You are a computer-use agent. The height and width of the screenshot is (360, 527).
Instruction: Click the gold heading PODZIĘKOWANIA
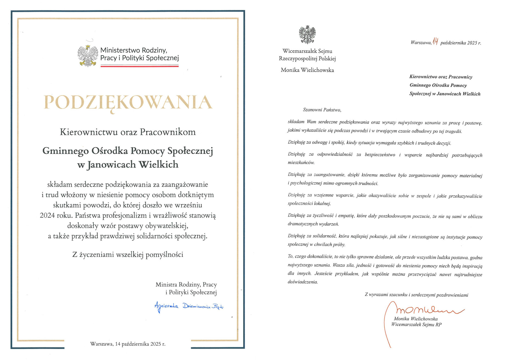tap(128, 103)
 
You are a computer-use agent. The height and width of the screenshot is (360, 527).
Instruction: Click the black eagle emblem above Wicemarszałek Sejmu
tap(307, 35)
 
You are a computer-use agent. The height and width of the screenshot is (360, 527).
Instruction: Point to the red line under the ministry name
tap(139, 66)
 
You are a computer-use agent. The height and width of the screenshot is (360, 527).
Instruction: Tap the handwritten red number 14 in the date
tap(435, 41)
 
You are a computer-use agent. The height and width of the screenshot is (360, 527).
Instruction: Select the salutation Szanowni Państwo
tap(322, 110)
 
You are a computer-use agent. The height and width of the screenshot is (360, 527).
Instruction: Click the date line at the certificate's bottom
tap(128, 344)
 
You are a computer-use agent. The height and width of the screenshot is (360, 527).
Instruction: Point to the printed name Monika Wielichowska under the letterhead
tap(307, 70)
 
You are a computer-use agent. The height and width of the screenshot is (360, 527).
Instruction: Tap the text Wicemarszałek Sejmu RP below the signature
tap(416, 325)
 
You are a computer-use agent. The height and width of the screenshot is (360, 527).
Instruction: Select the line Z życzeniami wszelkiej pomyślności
tap(128, 255)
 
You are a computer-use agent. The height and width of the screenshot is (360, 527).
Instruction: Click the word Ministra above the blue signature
tap(166, 285)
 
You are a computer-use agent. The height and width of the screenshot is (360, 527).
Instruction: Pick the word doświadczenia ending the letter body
tap(302, 282)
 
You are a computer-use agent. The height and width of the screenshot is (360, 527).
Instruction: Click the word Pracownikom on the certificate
tap(168, 132)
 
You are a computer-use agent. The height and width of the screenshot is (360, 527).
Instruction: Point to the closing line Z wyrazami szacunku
tap(416, 295)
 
